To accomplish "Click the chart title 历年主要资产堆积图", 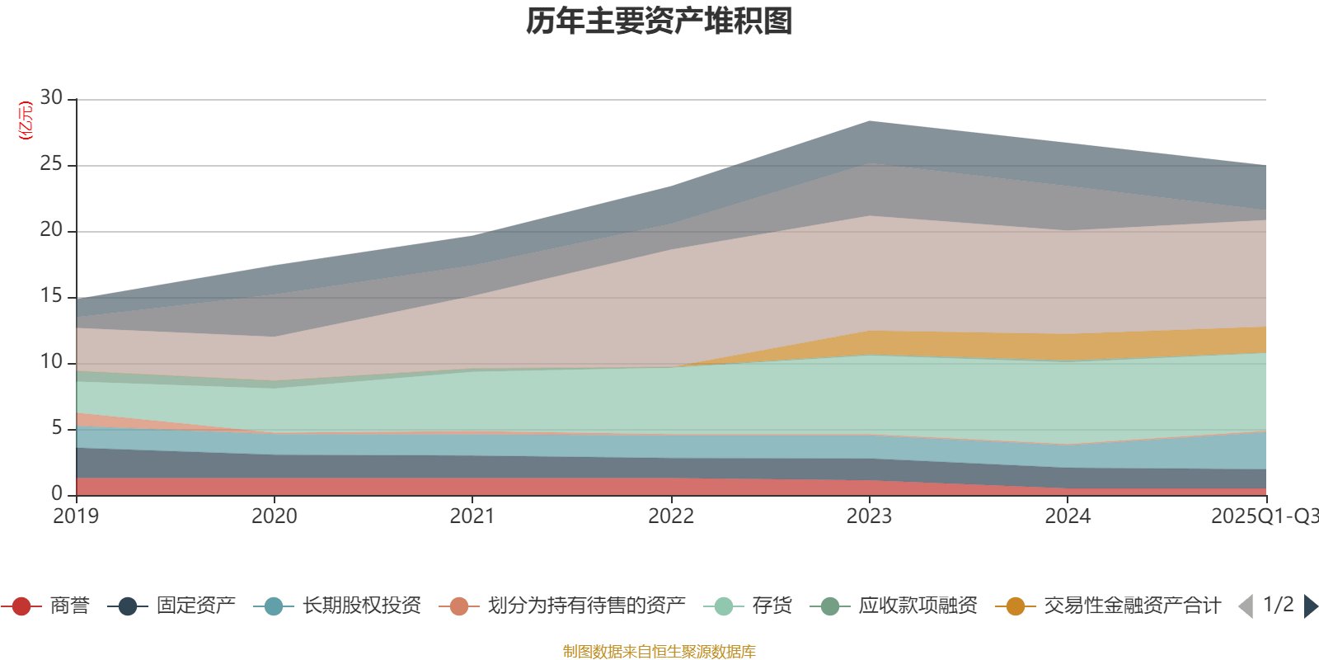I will (x=659, y=21).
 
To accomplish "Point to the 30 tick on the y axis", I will (x=51, y=98).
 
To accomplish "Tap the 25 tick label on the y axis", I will (x=51, y=164).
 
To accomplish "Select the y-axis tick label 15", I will (x=51, y=296).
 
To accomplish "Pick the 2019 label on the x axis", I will (x=76, y=516).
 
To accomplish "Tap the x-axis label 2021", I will (x=472, y=516).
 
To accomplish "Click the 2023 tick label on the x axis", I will (x=869, y=516).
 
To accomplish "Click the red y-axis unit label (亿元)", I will (x=26, y=120).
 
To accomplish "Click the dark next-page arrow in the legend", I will (x=1310, y=606).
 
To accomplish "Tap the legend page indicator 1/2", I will (x=1279, y=605).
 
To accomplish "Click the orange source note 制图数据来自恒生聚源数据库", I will (x=659, y=652).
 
